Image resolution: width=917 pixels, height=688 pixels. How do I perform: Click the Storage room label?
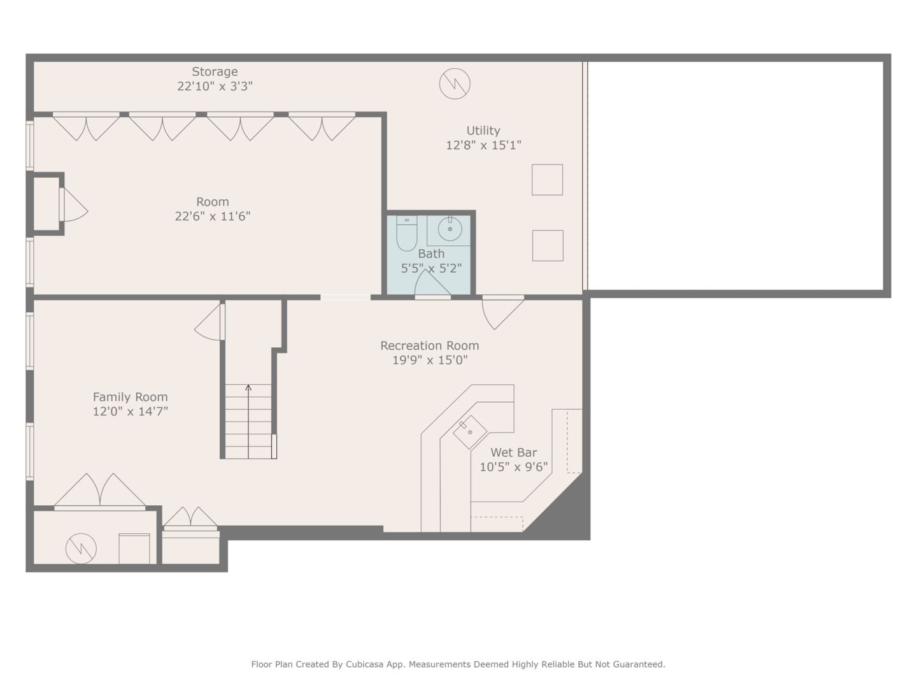pos(215,72)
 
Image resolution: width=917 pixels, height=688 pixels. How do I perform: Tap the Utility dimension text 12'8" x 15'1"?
pos(483,145)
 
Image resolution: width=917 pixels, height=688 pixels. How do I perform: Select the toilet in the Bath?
pos(406,234)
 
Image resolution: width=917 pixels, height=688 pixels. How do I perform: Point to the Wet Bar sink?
pos(470,432)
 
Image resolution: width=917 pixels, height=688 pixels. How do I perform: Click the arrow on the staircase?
pos(248,387)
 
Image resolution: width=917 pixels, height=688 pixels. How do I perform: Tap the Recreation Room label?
pos(429,346)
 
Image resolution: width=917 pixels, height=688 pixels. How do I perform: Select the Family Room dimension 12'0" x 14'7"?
pos(131,412)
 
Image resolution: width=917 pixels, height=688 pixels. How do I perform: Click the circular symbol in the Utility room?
pos(455,83)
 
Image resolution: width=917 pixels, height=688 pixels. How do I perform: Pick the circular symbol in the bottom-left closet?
pos(81,548)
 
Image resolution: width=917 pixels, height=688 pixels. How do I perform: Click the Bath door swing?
pos(431,284)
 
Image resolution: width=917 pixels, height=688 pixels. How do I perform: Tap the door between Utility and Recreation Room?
pos(502,312)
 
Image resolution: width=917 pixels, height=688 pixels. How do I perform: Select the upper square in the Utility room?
pos(547,180)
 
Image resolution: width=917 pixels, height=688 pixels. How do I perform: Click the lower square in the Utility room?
pos(548,246)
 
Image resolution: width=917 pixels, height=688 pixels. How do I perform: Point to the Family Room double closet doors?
pos(100,492)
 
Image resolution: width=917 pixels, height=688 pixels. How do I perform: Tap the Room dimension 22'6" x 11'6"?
pos(213,217)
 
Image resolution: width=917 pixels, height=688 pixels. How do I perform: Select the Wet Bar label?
pos(513,453)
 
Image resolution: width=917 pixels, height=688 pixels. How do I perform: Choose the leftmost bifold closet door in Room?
pos(86,126)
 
